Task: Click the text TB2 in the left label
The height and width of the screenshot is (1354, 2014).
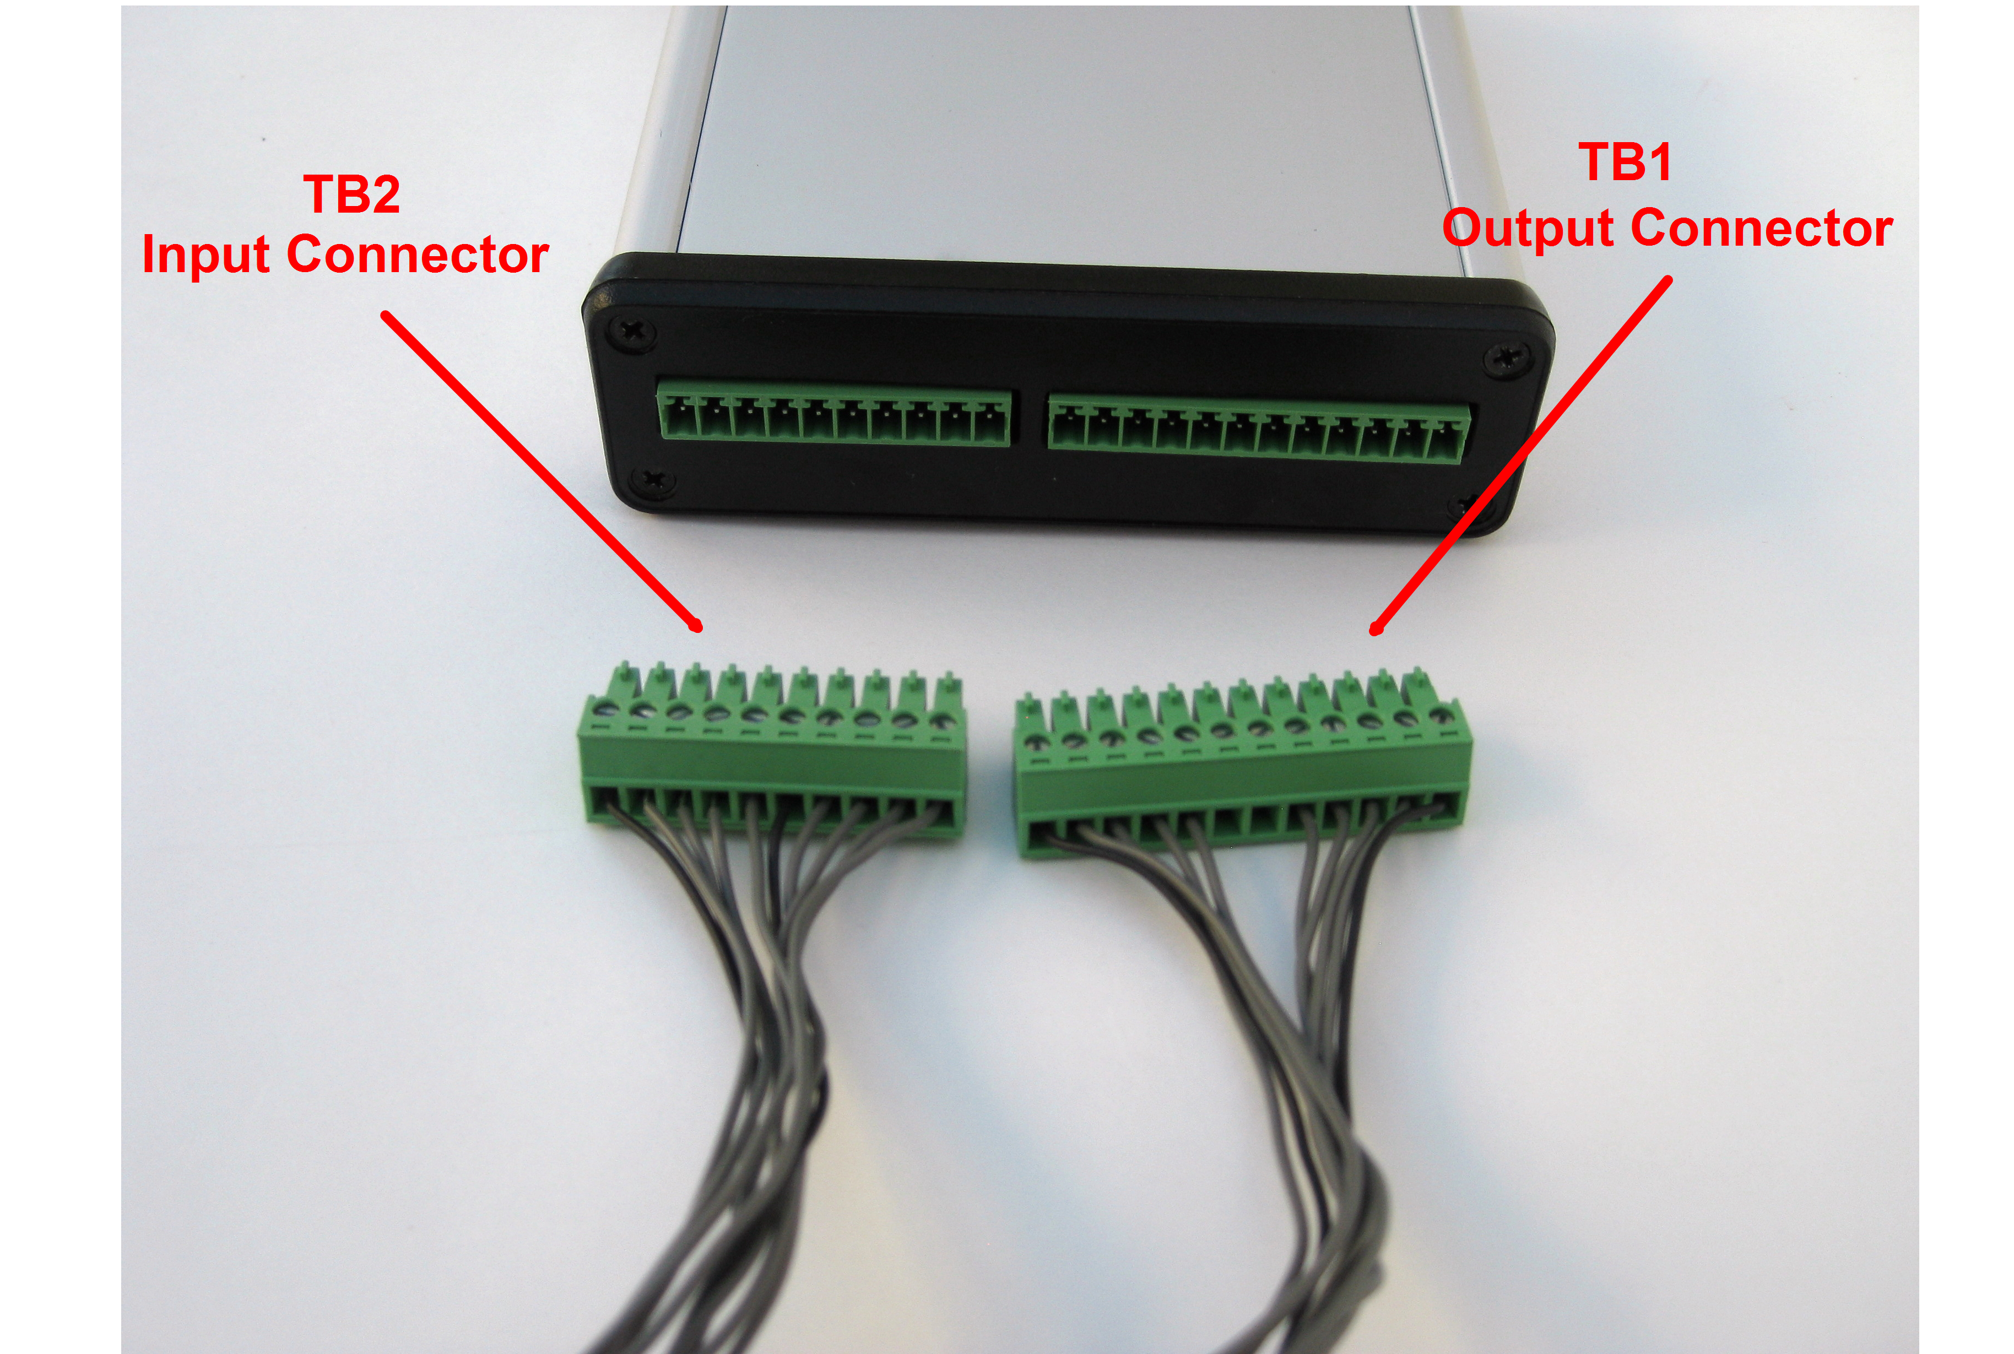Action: [351, 194]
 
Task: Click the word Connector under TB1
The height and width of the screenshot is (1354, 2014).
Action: [1762, 229]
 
